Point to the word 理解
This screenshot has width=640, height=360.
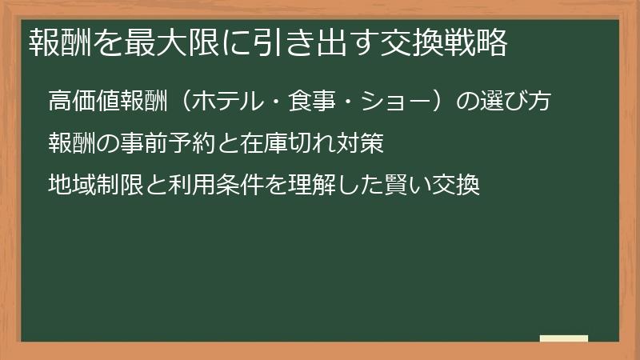click(312, 186)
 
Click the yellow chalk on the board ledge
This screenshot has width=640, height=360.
click(564, 338)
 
